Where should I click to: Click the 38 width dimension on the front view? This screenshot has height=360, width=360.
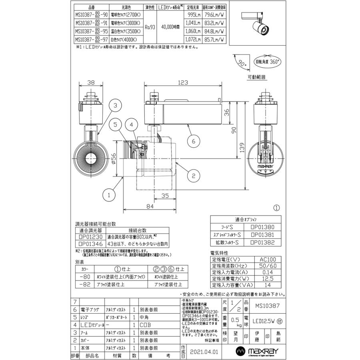tap(91, 82)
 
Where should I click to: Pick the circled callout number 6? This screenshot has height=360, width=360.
tap(193, 141)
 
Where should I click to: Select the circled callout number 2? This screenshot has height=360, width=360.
tap(193, 175)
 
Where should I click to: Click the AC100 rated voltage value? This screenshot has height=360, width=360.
tap(268, 259)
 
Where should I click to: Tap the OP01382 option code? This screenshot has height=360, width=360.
tap(262, 243)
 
